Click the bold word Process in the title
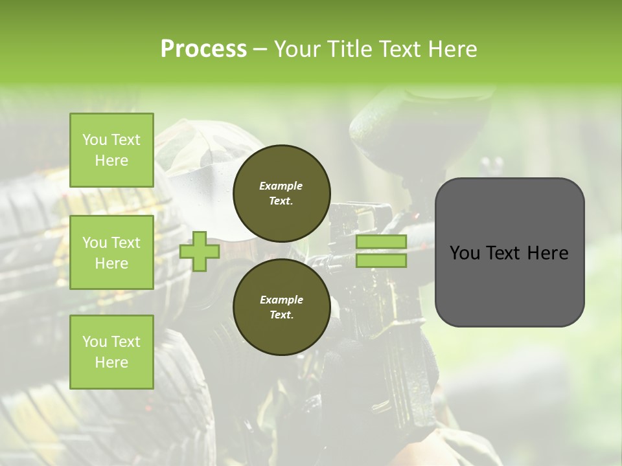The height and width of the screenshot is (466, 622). coord(203,49)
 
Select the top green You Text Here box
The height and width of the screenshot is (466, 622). coord(111,150)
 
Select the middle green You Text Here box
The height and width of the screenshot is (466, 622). coord(111,252)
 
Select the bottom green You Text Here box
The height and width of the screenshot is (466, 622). coord(111,352)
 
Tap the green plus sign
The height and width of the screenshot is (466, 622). coord(199,252)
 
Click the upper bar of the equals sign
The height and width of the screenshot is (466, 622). coord(381,242)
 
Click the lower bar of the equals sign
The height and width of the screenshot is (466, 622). coord(381,261)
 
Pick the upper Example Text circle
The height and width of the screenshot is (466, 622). coord(281,193)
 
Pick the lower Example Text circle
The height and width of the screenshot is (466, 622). coord(281,307)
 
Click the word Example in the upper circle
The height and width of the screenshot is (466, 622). coord(281,186)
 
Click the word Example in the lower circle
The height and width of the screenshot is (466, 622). coord(281,300)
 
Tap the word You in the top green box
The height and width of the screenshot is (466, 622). coord(94,140)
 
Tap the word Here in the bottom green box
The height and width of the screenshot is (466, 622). coord(111,362)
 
